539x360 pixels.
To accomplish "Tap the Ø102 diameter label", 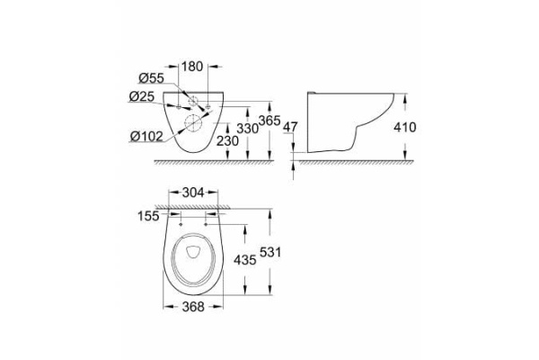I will pyautogui.click(x=146, y=137).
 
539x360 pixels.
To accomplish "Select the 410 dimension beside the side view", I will pyautogui.click(x=405, y=129).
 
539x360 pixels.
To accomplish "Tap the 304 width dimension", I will pyautogui.click(x=194, y=192).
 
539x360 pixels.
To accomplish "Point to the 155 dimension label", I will pyautogui.click(x=146, y=216).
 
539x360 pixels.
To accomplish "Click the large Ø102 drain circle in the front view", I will pyautogui.click(x=194, y=123).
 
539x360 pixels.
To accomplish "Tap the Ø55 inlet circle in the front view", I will pyautogui.click(x=194, y=99).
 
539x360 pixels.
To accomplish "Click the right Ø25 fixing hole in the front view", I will pyautogui.click(x=209, y=107).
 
